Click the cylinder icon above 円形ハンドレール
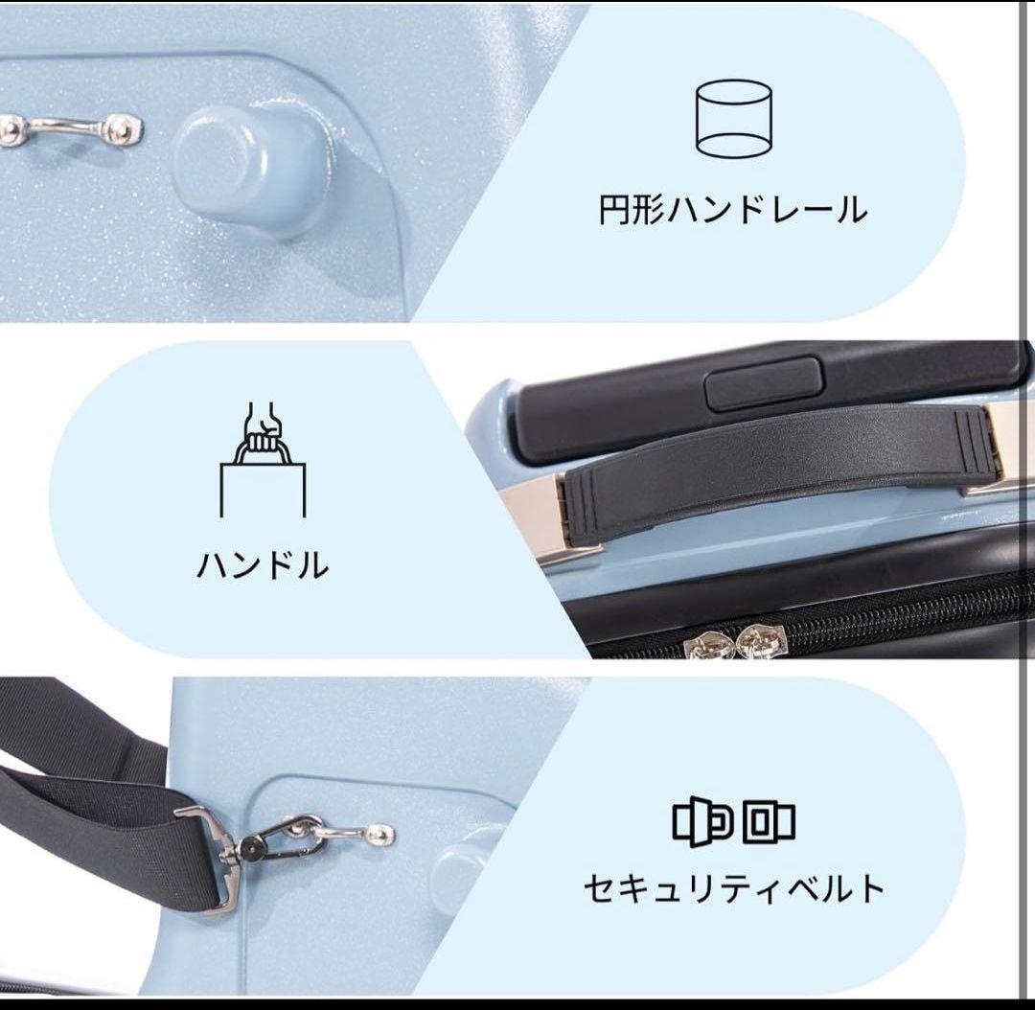point(734,119)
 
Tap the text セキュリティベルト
point(734,888)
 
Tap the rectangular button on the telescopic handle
point(764,383)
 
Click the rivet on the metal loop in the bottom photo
point(384,834)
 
